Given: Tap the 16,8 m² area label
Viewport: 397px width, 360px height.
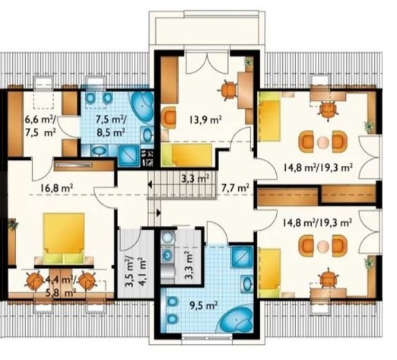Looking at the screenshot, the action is tap(57, 188).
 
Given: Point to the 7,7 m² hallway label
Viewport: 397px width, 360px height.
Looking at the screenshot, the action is tap(235, 188).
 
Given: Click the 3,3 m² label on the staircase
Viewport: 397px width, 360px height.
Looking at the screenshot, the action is tap(195, 178).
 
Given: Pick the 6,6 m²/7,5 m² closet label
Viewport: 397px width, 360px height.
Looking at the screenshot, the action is tap(41, 126).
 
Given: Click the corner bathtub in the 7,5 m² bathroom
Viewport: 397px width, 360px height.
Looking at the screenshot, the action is tap(142, 104).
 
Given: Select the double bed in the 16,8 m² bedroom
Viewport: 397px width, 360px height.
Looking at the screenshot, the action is tap(63, 238).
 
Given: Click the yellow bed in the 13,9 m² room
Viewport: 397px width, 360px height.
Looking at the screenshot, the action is tap(187, 155).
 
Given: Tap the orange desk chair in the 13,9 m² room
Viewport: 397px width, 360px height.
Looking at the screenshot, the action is tap(229, 90).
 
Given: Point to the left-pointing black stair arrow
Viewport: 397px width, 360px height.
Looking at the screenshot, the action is tap(150, 185).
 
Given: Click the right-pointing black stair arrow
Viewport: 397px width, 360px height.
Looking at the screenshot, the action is tap(159, 212).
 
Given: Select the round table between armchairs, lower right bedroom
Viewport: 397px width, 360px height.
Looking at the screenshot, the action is tap(322, 246).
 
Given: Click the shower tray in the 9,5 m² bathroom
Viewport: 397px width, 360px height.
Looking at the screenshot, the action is tap(242, 256).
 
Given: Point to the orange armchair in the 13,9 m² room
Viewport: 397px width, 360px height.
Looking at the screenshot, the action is tap(169, 117).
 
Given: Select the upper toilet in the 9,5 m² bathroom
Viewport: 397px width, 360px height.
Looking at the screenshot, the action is tap(172, 302).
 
